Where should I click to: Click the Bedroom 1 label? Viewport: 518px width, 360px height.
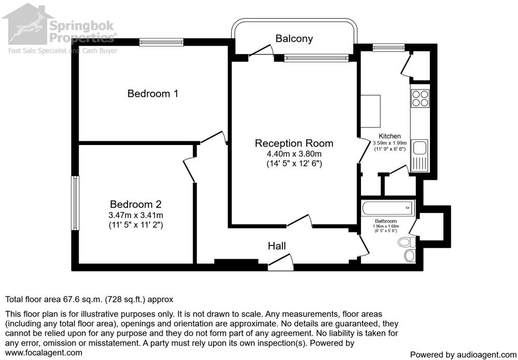coord(153,94)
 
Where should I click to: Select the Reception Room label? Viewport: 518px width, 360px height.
coord(294,143)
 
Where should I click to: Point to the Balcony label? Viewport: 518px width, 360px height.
coord(294,38)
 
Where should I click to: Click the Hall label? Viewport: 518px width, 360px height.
coord(277,246)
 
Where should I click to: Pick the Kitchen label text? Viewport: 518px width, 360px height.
coord(390,136)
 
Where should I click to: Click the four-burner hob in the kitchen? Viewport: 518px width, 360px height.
coord(420,98)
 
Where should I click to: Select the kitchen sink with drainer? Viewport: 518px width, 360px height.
coord(420,156)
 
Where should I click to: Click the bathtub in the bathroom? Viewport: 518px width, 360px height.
coord(388,208)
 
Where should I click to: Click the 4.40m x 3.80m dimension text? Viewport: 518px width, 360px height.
coord(294,154)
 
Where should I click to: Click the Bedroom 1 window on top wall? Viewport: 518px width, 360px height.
coord(161,42)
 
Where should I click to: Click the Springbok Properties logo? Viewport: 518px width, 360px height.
coord(60,28)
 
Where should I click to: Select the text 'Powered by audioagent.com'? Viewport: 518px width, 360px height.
coord(462,355)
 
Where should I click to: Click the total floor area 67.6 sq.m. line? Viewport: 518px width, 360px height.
coord(89,299)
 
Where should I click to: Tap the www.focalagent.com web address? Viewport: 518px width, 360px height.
coord(44,353)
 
